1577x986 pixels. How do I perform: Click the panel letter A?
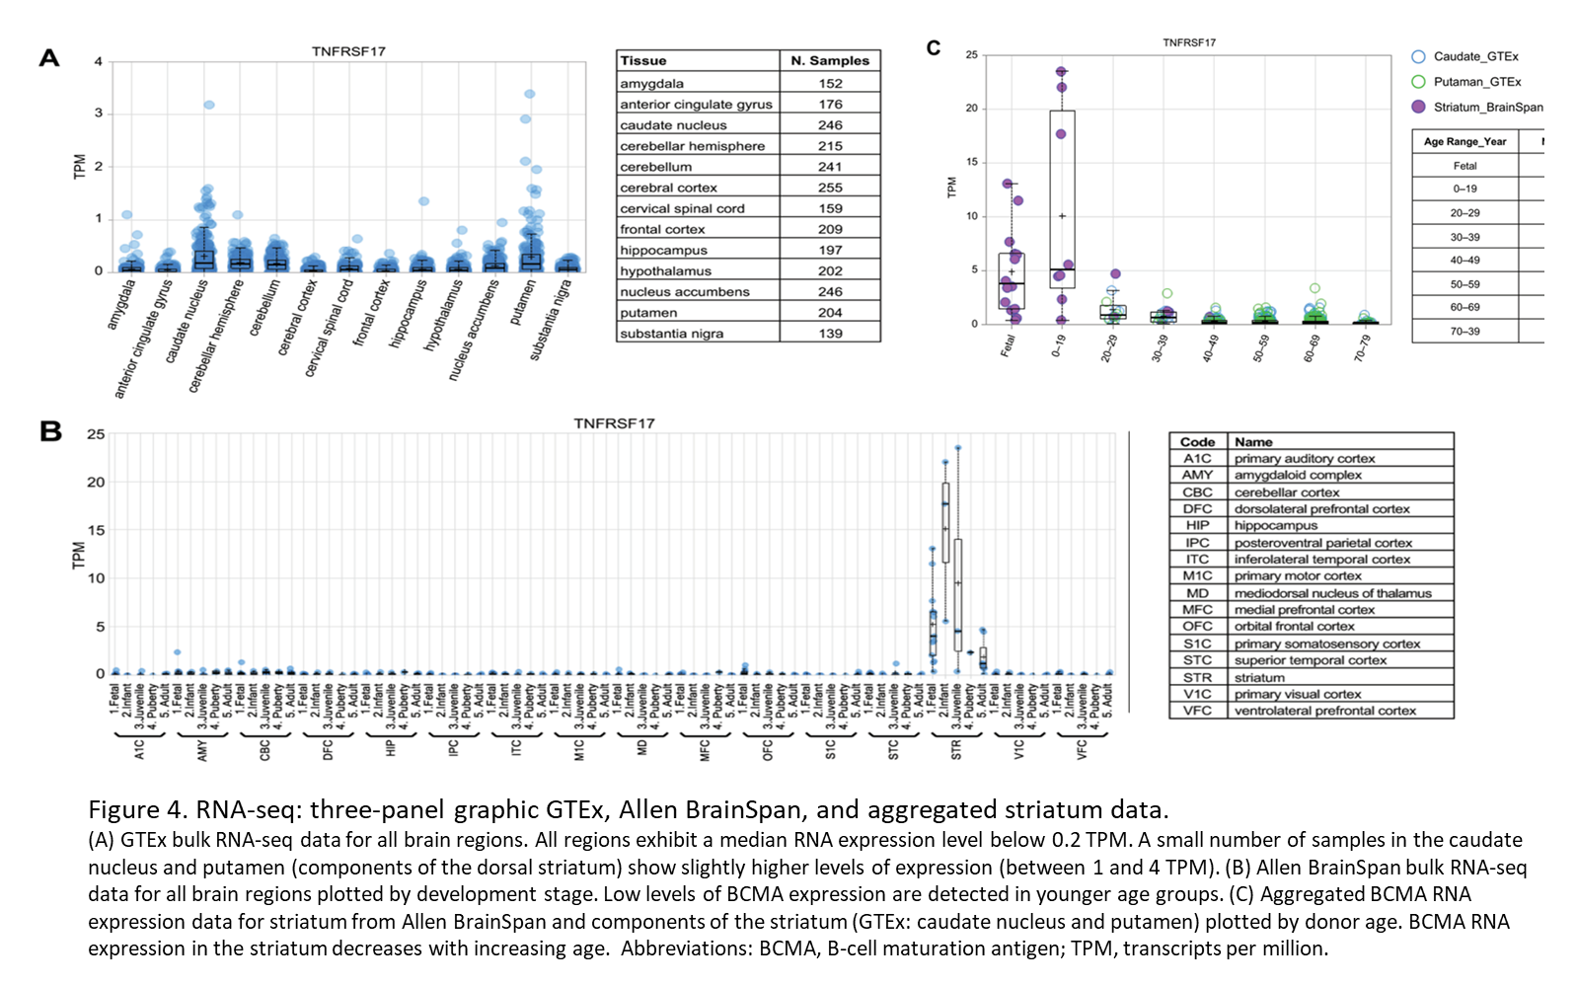(x=49, y=58)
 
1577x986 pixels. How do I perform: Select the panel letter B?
(x=50, y=431)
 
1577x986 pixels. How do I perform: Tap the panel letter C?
(x=934, y=47)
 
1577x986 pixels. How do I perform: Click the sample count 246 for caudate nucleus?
(x=830, y=125)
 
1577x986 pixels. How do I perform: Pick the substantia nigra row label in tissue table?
(x=672, y=334)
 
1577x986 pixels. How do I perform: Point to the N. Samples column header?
(x=830, y=60)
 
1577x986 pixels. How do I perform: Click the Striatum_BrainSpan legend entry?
(x=1487, y=107)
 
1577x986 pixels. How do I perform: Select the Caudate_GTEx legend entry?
(x=1474, y=56)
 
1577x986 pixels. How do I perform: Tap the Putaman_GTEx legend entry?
(x=1476, y=82)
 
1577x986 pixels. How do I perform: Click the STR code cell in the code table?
(x=1197, y=678)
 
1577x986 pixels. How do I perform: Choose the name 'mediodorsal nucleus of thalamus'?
(x=1332, y=593)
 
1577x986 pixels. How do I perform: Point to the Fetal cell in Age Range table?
(x=1464, y=166)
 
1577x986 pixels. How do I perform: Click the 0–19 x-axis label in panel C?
(x=1058, y=346)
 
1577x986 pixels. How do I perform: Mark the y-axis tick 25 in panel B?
(x=96, y=434)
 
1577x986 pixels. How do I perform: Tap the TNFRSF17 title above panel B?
(x=614, y=423)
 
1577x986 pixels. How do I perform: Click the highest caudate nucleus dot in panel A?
(x=209, y=105)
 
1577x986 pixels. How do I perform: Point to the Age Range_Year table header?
(x=1464, y=142)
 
